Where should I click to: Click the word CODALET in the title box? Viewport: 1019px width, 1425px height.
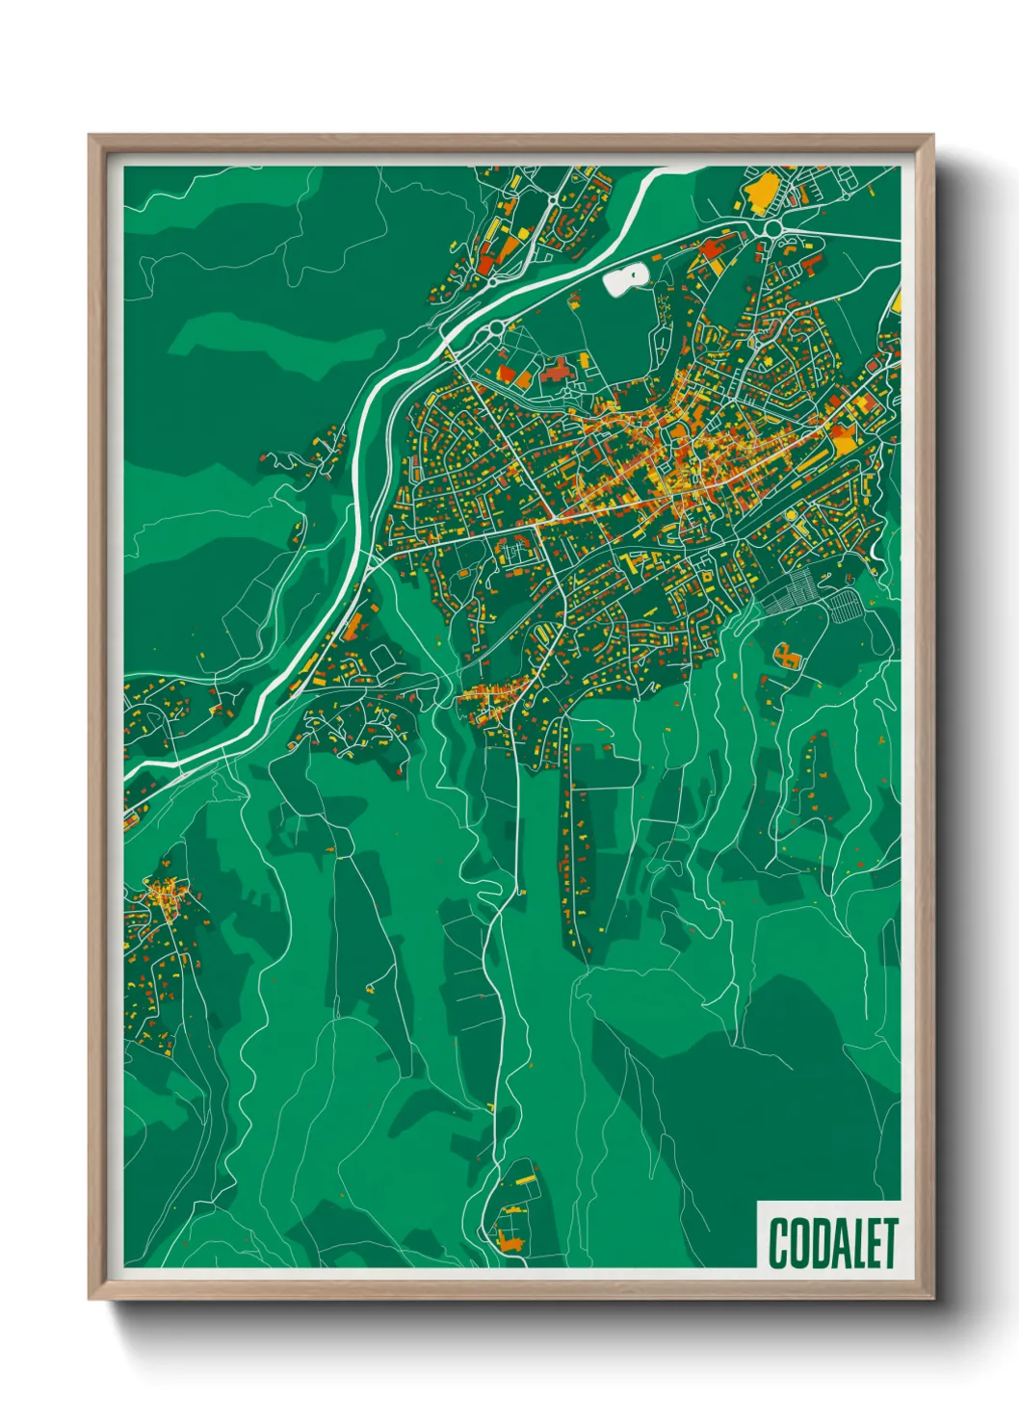(x=833, y=1243)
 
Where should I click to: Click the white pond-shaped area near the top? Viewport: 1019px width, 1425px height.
(x=625, y=279)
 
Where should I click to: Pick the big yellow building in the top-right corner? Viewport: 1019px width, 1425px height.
(x=761, y=194)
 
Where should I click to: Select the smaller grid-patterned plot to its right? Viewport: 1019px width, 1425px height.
(x=844, y=606)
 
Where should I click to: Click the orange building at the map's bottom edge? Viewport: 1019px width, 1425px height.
(x=509, y=1242)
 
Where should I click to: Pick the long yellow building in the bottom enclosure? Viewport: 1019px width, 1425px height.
(x=525, y=1179)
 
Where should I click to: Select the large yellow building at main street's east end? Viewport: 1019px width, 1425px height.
(x=844, y=441)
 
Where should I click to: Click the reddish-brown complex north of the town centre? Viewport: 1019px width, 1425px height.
(x=555, y=371)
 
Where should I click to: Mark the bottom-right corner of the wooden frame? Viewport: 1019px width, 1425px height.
(x=932, y=1297)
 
